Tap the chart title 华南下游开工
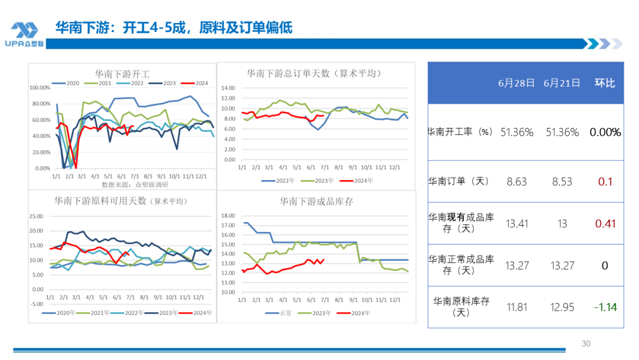[122, 74]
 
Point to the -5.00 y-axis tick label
[36, 304]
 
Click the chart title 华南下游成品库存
[317, 201]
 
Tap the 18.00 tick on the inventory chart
[228, 216]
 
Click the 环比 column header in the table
[605, 83]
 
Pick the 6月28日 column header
[517, 83]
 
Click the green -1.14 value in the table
[605, 307]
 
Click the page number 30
[586, 343]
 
